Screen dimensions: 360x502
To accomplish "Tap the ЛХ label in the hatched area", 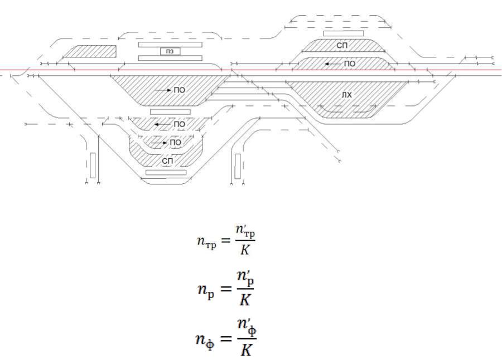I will [x=347, y=95].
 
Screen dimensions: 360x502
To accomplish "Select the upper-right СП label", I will [x=342, y=43].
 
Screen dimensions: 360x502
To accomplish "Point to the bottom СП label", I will [x=168, y=161].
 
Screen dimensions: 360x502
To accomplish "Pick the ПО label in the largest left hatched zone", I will [x=179, y=89].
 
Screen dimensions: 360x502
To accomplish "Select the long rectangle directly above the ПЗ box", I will [x=170, y=44].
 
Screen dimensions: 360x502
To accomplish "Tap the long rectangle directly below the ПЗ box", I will [x=170, y=58].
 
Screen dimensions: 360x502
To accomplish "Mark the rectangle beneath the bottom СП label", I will [x=166, y=173].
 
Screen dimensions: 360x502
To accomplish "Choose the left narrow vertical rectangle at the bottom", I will [x=93, y=166].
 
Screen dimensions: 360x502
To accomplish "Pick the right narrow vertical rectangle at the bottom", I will [x=238, y=166].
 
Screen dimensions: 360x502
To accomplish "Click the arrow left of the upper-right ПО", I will [x=334, y=64].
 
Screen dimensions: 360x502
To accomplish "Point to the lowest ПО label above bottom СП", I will [x=175, y=143].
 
